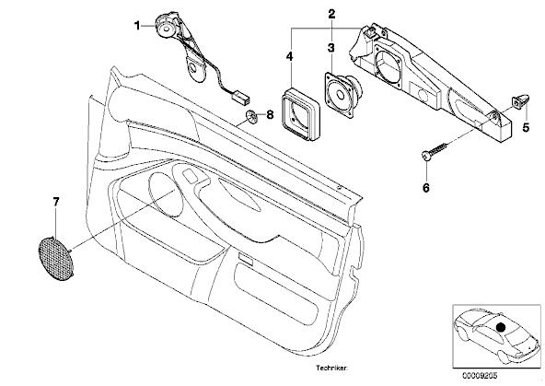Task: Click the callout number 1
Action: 137,26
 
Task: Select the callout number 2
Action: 331,14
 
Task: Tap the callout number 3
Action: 330,48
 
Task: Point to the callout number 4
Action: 289,56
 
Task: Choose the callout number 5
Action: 526,128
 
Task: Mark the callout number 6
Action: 426,188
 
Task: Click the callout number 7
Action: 56,202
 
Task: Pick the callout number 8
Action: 270,114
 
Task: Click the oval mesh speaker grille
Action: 55,258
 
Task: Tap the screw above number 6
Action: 434,150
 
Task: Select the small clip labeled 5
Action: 520,100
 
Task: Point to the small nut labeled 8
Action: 251,116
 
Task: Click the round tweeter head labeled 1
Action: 166,26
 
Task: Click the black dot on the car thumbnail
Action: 501,327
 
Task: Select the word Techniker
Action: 331,368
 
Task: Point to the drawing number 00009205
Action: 480,376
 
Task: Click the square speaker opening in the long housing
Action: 390,65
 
